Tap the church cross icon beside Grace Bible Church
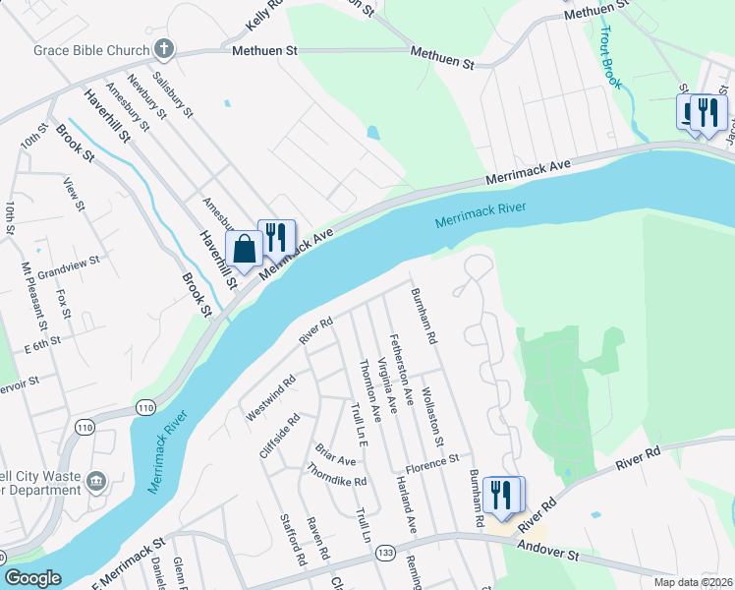163,48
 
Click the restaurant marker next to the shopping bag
276,237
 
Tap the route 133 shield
386,554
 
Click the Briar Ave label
335,454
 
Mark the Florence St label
432,460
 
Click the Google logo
33,578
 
